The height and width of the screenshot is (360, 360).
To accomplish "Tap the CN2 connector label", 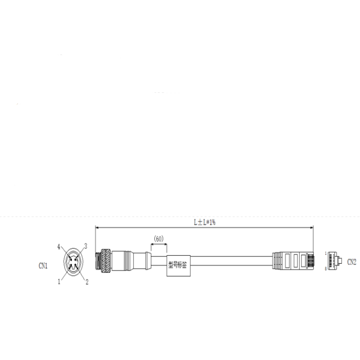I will tap(351, 261).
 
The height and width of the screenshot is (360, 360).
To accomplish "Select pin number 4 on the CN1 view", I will tap(59, 247).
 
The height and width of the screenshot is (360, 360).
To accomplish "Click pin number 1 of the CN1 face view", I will tap(59, 282).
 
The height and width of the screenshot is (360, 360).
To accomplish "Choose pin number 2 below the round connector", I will tap(87, 282).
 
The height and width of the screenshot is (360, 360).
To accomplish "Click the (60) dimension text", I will tap(158, 238).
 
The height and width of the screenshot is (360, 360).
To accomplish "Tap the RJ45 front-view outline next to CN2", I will tap(334, 261).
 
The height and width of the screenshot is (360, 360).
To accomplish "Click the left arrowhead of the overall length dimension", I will tap(97, 228).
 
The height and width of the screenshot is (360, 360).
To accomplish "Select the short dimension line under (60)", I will tap(158, 244).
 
